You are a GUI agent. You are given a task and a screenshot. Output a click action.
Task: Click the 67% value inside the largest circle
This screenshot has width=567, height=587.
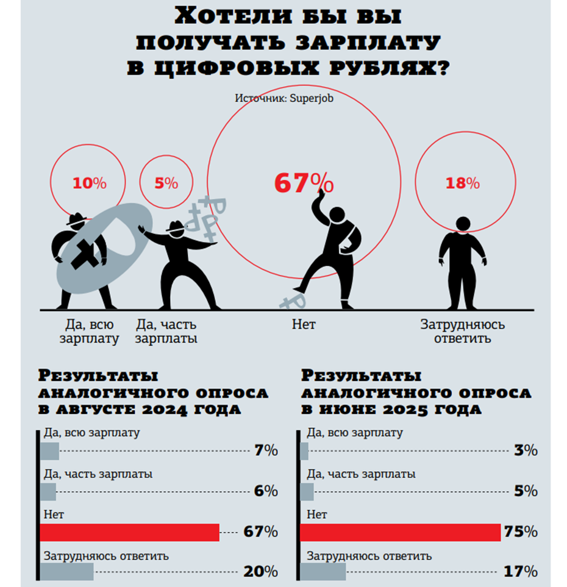coord(303,182)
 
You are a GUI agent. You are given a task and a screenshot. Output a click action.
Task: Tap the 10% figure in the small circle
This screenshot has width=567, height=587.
coord(90,183)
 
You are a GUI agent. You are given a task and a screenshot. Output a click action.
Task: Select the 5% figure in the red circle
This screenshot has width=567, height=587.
coord(166,183)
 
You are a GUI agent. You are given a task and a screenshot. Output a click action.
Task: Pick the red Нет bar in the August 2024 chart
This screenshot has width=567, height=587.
coord(129,532)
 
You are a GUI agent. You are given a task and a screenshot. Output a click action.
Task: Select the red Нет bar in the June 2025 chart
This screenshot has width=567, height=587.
coord(400,532)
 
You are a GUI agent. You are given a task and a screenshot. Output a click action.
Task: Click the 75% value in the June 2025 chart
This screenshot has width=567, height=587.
coord(520,532)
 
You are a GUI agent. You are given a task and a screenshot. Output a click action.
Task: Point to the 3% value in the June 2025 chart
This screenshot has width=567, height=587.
coord(525,451)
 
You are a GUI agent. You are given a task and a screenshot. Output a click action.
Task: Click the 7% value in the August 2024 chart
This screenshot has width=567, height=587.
coord(266,451)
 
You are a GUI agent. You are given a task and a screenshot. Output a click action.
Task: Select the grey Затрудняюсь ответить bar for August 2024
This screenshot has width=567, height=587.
coord(66,572)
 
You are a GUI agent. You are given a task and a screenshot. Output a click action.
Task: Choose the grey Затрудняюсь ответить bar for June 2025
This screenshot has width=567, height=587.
coord(323,572)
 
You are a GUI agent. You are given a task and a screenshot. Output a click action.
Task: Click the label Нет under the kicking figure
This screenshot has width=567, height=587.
coord(304,325)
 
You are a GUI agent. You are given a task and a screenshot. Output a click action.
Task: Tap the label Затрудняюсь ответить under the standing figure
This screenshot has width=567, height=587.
coord(463,331)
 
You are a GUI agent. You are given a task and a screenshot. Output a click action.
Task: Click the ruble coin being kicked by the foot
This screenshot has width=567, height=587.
coord(294,300)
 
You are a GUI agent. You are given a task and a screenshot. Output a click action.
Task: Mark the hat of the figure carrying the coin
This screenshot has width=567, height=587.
coord(77,219)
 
